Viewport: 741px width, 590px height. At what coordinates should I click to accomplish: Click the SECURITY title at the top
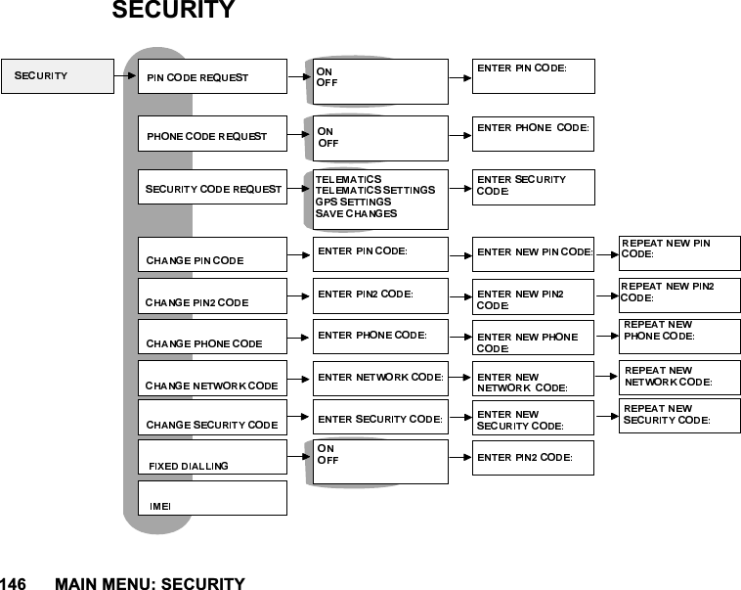pos(173,12)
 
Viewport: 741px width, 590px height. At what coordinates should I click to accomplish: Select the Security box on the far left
pos(57,75)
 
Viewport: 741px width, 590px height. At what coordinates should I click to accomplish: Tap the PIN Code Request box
pos(212,76)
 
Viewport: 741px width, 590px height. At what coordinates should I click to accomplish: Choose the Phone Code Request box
pos(212,135)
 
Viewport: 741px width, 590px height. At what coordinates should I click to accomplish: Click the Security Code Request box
pos(212,188)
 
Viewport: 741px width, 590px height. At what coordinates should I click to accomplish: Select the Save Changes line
pos(356,213)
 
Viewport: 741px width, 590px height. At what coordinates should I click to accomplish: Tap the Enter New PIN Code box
pos(533,253)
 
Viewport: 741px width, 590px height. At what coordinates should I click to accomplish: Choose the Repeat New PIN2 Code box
pos(679,292)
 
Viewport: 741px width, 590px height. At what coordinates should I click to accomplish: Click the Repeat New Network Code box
pos(679,377)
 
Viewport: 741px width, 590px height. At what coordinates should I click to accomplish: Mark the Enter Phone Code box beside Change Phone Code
pos(380,337)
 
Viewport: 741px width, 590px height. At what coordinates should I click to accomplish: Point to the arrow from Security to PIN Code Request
pos(124,73)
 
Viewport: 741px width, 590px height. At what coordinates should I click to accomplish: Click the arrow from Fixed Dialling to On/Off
pos(299,456)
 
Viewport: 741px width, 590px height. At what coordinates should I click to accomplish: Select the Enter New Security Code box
pos(533,419)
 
